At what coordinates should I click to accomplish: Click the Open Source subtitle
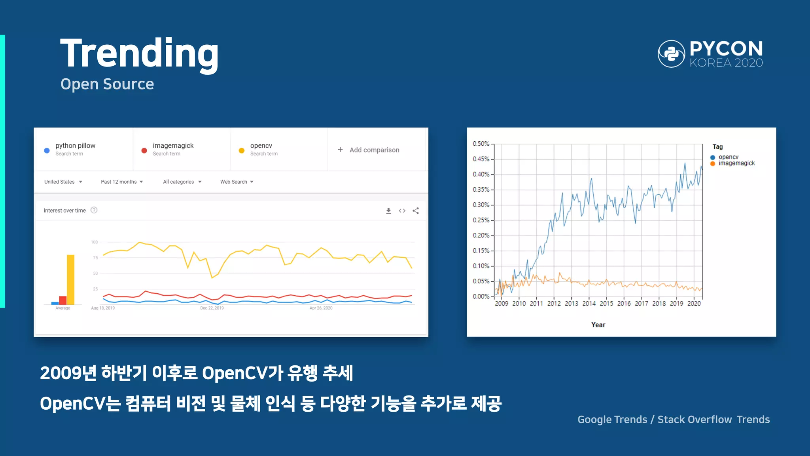(x=107, y=84)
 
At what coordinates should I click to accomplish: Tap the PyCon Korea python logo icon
(x=671, y=54)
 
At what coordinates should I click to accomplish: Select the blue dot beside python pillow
(x=47, y=150)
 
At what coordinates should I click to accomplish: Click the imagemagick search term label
(x=173, y=146)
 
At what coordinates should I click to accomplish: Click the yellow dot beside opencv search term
(x=242, y=150)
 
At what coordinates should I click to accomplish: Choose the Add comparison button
(x=369, y=150)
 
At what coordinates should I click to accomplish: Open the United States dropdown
(x=63, y=182)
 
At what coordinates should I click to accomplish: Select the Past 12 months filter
(x=122, y=182)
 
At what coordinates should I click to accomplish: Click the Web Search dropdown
(x=237, y=182)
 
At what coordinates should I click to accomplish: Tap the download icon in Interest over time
(x=388, y=211)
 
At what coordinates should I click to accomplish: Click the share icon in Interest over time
(x=416, y=211)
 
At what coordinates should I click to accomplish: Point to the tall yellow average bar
(x=70, y=279)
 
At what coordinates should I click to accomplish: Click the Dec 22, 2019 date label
(x=212, y=308)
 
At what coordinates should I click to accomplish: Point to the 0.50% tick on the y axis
(x=481, y=144)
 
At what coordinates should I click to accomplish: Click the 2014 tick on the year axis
(x=589, y=304)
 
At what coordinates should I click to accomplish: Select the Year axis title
(x=598, y=325)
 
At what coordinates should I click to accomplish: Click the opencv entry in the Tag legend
(x=728, y=157)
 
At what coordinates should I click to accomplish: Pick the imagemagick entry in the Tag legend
(x=736, y=163)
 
